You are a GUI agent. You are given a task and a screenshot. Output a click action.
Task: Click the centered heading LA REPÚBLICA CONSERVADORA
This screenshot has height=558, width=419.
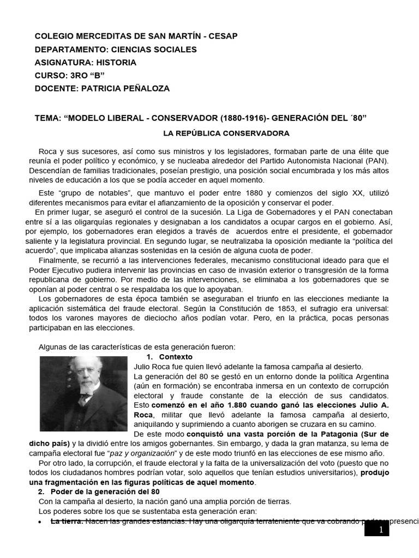pyautogui.click(x=226, y=133)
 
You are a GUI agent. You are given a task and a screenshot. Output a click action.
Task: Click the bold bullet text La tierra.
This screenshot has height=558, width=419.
pyautogui.click(x=67, y=521)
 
